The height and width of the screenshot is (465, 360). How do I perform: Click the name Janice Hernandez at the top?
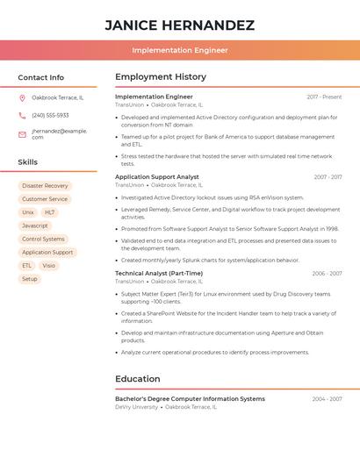pyautogui.click(x=180, y=25)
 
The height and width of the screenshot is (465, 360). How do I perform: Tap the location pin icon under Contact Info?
pyautogui.click(x=22, y=97)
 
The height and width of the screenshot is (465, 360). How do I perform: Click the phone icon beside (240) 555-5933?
pyautogui.click(x=22, y=115)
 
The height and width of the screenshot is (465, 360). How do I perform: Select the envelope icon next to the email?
pyautogui.click(x=22, y=134)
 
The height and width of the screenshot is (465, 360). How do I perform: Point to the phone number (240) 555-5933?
pyautogui.click(x=50, y=115)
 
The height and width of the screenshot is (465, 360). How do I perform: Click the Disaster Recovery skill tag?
pyautogui.click(x=45, y=186)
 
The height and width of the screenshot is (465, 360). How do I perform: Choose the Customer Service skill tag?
pyautogui.click(x=45, y=199)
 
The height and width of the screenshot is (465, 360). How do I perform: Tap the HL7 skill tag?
pyautogui.click(x=50, y=212)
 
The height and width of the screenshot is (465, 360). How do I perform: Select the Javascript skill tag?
pyautogui.click(x=35, y=225)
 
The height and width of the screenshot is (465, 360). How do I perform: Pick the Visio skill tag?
pyautogui.click(x=48, y=265)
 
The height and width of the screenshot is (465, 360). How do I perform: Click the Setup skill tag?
pyautogui.click(x=30, y=279)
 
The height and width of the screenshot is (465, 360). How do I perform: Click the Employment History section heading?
pyautogui.click(x=161, y=77)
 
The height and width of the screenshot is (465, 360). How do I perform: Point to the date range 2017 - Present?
pyautogui.click(x=324, y=97)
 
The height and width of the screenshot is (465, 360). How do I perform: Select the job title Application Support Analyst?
pyautogui.click(x=157, y=177)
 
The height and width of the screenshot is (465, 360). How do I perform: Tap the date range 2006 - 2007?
pyautogui.click(x=327, y=274)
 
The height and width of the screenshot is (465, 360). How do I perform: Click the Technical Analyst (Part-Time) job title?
pyautogui.click(x=159, y=273)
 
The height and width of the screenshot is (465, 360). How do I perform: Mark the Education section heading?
pyautogui.click(x=138, y=379)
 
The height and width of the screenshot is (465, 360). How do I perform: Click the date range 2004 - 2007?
pyautogui.click(x=327, y=399)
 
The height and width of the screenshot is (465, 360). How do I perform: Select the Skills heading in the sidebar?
pyautogui.click(x=28, y=162)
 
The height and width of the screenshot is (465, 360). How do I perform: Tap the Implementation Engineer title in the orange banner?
pyautogui.click(x=180, y=50)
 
